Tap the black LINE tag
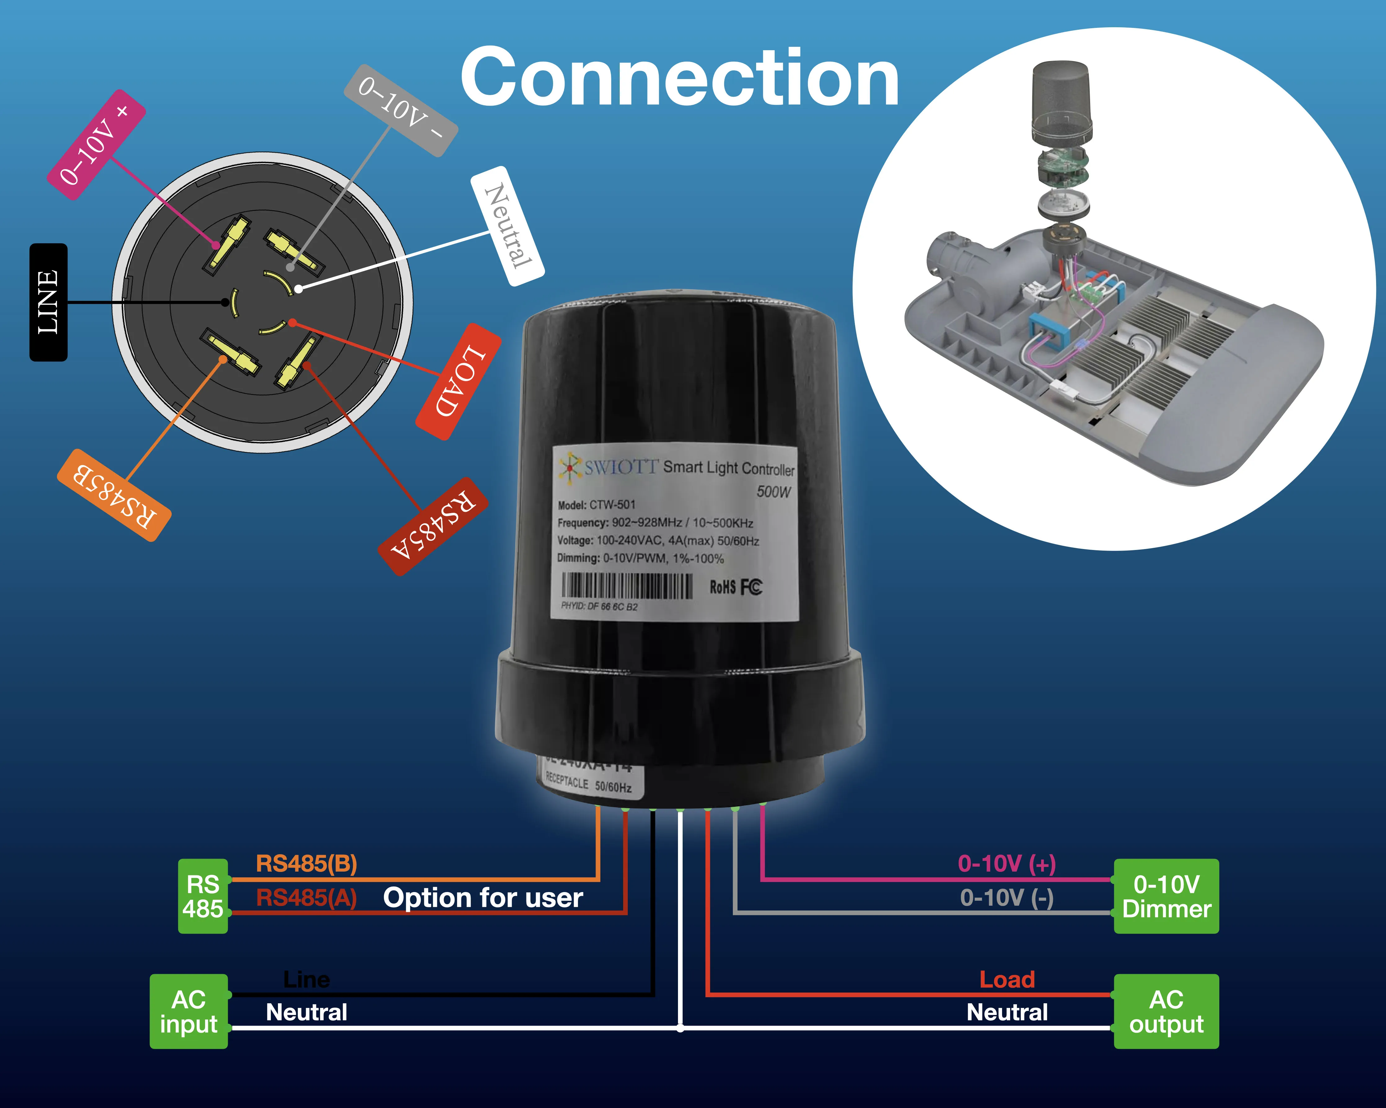click(48, 302)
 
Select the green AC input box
click(188, 1012)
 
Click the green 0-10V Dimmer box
click(1166, 896)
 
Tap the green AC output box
click(1166, 1012)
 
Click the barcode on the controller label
click(627, 586)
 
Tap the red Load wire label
click(1007, 979)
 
